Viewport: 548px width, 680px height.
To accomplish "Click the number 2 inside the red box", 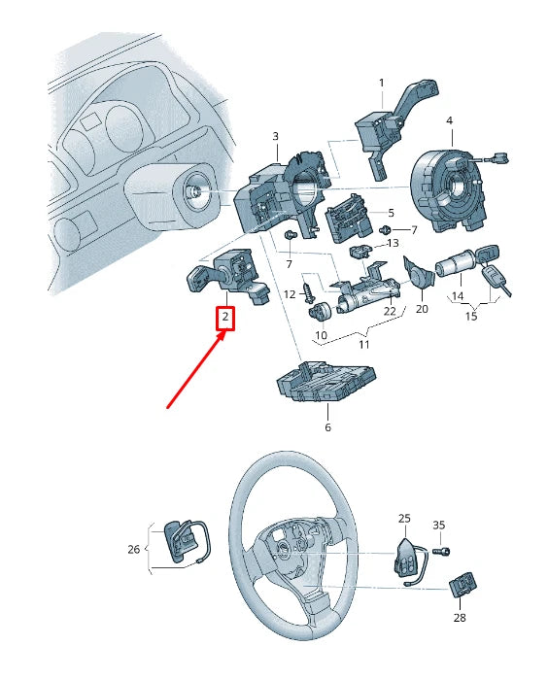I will click(225, 318).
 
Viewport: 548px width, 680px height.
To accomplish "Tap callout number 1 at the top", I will click(381, 83).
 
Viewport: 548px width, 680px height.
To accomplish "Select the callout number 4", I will click(449, 120).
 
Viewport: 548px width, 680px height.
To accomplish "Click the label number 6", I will click(327, 427).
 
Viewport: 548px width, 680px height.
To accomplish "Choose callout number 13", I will click(393, 243).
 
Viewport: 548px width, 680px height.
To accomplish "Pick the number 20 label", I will click(422, 309).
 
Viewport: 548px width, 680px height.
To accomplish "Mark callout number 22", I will click(390, 311).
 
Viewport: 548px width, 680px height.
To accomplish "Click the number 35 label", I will click(438, 526).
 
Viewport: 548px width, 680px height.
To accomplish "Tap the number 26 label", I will click(134, 549).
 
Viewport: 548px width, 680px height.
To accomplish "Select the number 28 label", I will click(459, 617).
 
